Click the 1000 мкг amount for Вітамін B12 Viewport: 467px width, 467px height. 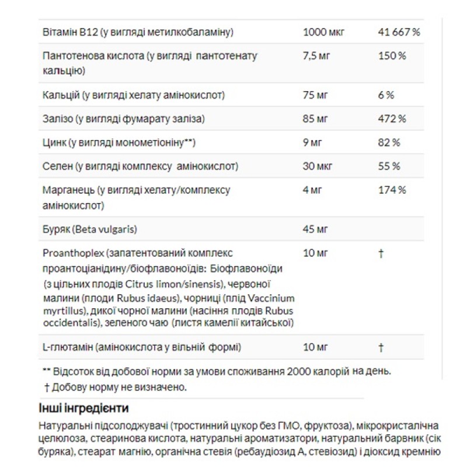(x=324, y=32)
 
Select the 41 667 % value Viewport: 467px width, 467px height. (x=399, y=32)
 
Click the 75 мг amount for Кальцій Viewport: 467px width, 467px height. (x=316, y=95)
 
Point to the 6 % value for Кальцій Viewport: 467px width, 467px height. (x=386, y=95)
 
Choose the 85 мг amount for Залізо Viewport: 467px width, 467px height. (x=316, y=119)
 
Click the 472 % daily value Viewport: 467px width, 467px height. (x=392, y=119)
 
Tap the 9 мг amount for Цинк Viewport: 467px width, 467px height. (x=313, y=142)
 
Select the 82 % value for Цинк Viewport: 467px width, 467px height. (x=389, y=142)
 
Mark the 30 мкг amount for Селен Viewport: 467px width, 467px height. (x=318, y=166)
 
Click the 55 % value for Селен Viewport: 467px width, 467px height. (x=389, y=166)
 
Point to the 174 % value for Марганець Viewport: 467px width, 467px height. (x=392, y=190)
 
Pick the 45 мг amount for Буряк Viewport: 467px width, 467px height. (x=316, y=229)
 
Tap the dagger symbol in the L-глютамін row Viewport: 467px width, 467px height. (x=381, y=347)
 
